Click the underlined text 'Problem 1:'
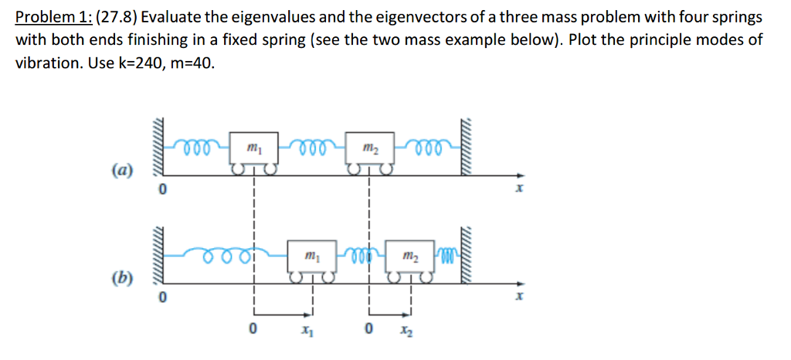pyautogui.click(x=52, y=17)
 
